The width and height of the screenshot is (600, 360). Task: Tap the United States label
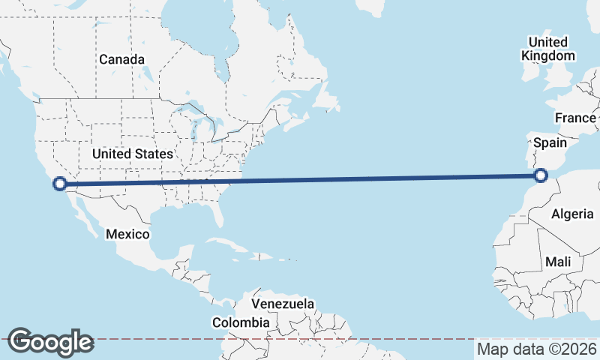[133, 154]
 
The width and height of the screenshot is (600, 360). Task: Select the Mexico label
[127, 234]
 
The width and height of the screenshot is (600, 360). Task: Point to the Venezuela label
[282, 304]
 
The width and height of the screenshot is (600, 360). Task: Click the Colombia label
[240, 322]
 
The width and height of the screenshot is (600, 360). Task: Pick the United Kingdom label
[548, 48]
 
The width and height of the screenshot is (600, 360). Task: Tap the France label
[575, 118]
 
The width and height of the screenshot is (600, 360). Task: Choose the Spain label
[550, 142]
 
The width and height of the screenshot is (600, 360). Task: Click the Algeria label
[572, 214]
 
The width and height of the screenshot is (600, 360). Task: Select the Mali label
[558, 262]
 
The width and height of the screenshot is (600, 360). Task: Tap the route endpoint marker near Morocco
[541, 176]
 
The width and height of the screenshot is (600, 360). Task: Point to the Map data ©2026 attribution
[536, 349]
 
